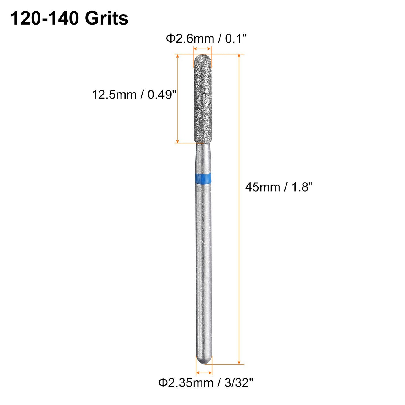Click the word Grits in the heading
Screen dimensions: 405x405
[x=106, y=19]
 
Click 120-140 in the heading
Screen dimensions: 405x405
[x=45, y=19]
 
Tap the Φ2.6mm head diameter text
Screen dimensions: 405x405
[x=190, y=39]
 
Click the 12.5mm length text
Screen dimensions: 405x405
[x=114, y=95]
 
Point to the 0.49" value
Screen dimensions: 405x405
[x=162, y=95]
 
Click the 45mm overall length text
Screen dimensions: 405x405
[x=262, y=187]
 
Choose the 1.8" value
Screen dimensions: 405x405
[x=302, y=187]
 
